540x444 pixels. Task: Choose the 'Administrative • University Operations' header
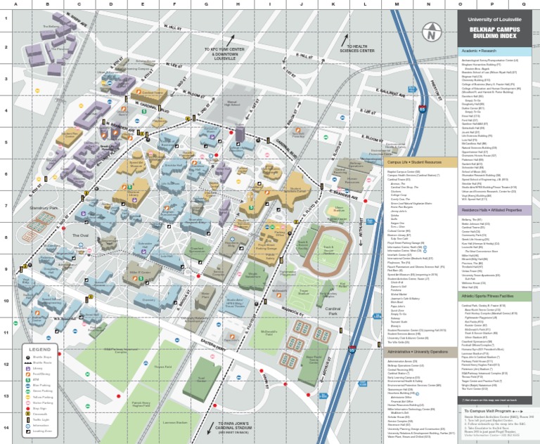point(418,351)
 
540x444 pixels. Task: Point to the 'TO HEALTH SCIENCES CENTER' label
point(356,48)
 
